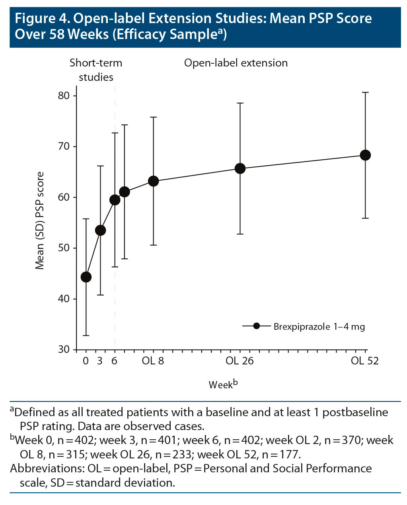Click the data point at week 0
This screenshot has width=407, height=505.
pos(86,277)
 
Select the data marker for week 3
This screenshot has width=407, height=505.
pos(101,230)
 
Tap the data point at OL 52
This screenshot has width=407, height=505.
pos(365,155)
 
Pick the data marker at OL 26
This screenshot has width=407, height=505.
pos(240,168)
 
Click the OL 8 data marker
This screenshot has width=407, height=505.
pos(154,181)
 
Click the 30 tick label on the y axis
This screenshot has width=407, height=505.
pos(63,349)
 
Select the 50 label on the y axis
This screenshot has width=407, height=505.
pos(63,248)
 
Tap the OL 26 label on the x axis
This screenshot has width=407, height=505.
pos(240,361)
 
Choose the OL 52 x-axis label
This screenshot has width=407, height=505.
pos(364,361)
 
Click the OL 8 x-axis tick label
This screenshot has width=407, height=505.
pos(153,361)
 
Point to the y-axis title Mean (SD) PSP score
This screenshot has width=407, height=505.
pos(40,221)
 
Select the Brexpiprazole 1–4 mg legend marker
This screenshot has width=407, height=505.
pos(256,326)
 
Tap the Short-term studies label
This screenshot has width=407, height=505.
pos(96,70)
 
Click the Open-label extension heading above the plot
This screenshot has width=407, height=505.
pos(236,63)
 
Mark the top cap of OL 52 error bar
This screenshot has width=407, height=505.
pos(365,92)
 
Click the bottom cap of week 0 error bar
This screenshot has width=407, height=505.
pos(86,336)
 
